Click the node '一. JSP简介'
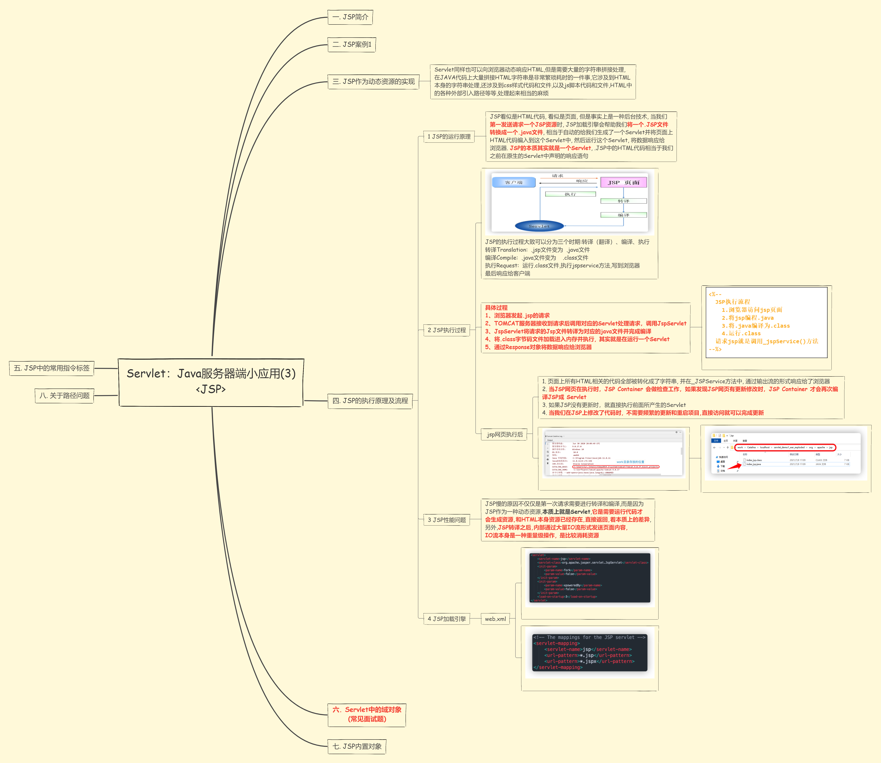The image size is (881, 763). pyautogui.click(x=350, y=17)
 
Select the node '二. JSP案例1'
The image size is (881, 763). pyautogui.click(x=352, y=44)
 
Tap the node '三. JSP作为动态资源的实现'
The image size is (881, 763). pyautogui.click(x=373, y=81)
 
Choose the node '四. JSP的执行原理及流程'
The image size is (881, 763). pyautogui.click(x=370, y=401)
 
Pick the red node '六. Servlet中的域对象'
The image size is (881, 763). pyautogui.click(x=367, y=714)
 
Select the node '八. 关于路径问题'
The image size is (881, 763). pyautogui.click(x=64, y=395)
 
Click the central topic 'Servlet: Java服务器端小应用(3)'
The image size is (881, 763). pyautogui.click(x=211, y=381)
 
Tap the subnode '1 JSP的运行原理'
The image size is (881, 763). pyautogui.click(x=449, y=137)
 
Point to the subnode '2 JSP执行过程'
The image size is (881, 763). pyautogui.click(x=447, y=330)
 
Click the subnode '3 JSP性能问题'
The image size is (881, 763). pyautogui.click(x=447, y=520)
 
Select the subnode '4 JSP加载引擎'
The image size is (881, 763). pyautogui.click(x=447, y=619)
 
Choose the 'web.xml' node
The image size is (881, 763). pyautogui.click(x=495, y=619)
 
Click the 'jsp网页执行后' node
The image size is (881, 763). pyautogui.click(x=505, y=434)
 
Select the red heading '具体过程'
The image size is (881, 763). pyautogui.click(x=496, y=307)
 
